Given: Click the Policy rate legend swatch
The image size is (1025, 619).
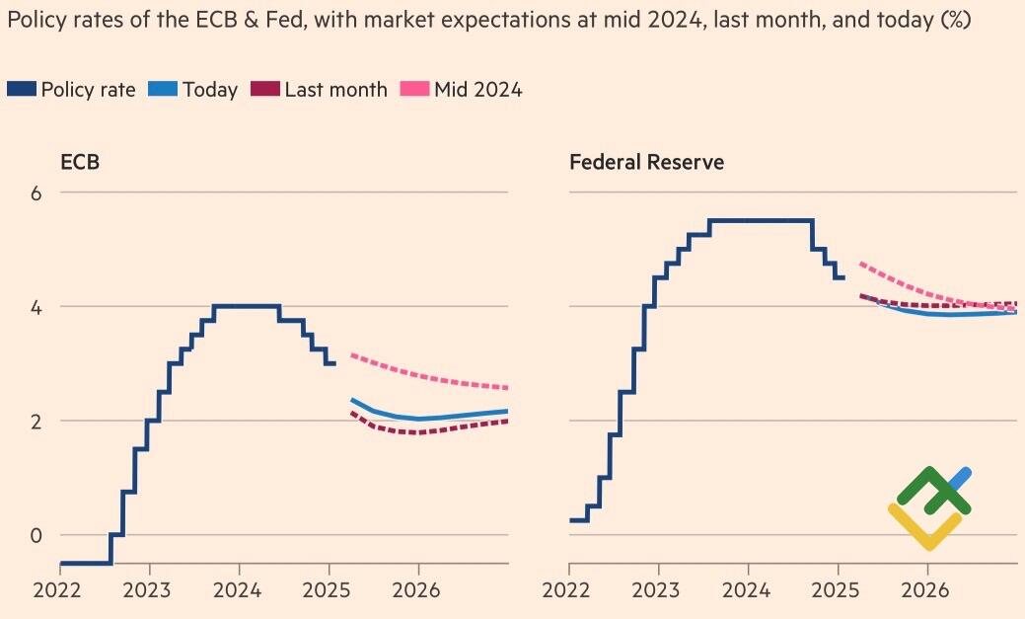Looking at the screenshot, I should (22, 89).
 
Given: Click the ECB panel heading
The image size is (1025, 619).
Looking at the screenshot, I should (80, 162).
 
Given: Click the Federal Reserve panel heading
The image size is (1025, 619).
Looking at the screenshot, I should (646, 162).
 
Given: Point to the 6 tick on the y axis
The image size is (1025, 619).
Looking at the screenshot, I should (36, 193).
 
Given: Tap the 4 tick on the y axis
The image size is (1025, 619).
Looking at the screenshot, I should (36, 307).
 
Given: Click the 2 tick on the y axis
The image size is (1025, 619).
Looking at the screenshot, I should (36, 422).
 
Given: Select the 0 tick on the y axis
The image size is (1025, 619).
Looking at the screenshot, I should (36, 535).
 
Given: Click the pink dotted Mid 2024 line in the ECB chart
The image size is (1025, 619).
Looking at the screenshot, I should (434, 378).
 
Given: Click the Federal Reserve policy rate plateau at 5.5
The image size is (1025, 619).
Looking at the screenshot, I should (760, 220).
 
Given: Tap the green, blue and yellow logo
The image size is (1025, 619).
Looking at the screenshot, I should (929, 507).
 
